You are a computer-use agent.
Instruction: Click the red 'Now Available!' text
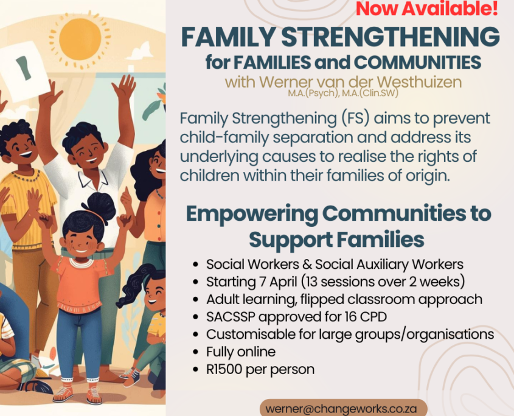coord(427,9)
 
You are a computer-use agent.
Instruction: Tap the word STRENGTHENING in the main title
coord(391,36)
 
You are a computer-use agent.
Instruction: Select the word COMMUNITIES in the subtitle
coord(418,62)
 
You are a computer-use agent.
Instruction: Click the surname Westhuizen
coord(408,81)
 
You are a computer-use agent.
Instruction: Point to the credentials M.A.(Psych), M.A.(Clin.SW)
coord(343,94)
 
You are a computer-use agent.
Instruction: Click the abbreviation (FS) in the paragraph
coord(355,119)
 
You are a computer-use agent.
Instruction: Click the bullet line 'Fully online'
coord(241,352)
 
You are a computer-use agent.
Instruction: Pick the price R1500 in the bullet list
coord(224,369)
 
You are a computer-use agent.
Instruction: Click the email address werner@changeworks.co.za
coord(341,409)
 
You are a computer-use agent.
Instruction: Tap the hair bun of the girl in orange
coord(99,206)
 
